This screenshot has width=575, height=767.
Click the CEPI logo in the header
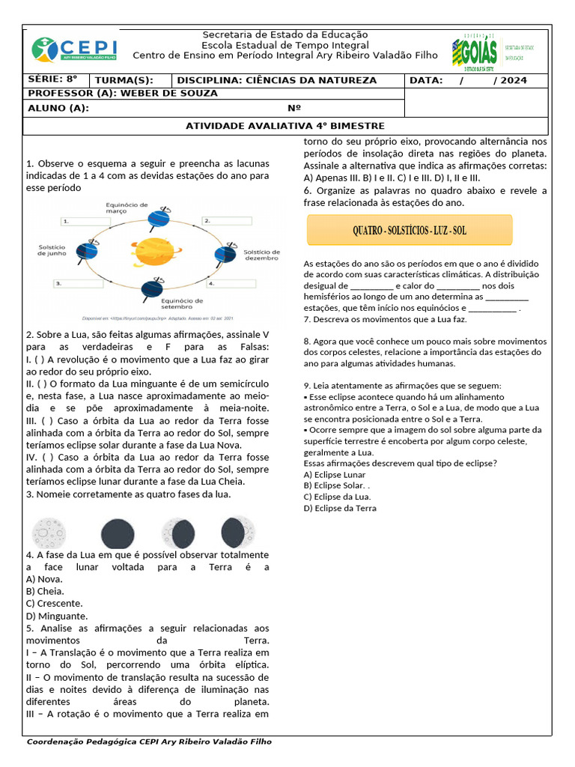click(74, 49)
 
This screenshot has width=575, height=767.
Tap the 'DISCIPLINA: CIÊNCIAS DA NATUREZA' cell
click(276, 80)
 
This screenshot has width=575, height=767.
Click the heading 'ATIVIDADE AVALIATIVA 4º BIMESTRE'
click(285, 126)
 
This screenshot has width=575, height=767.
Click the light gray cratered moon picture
click(49, 533)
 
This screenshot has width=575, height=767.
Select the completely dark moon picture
click(118, 533)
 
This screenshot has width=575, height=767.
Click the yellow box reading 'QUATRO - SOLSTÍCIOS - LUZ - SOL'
click(410, 230)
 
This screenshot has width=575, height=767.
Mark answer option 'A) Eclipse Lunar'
click(335, 474)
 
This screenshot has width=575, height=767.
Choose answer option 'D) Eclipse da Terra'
click(340, 508)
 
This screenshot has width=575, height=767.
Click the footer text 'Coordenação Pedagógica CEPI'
click(149, 742)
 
